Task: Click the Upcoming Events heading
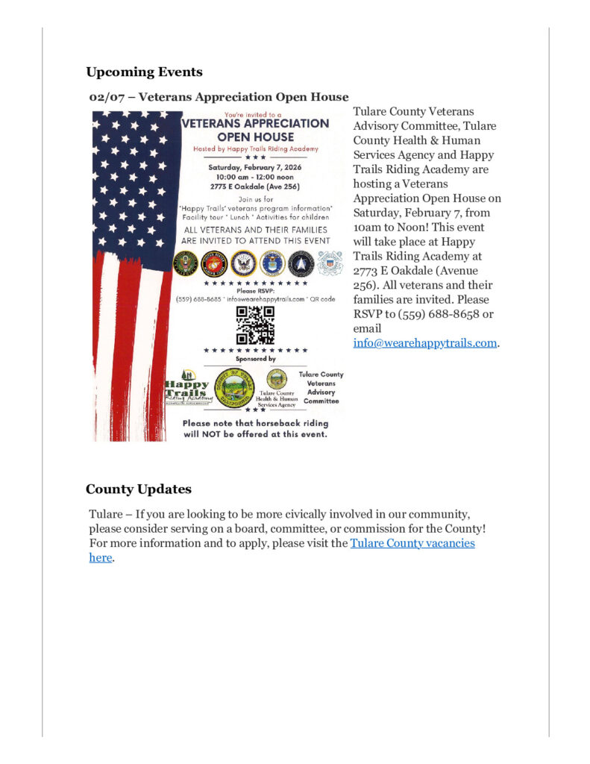coord(144,72)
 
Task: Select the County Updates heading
coord(138,489)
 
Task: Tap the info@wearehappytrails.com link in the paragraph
coord(424,343)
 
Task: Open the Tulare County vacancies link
coord(412,543)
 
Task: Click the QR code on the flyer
coord(255,325)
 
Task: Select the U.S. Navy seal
coord(242,263)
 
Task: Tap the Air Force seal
coord(272,263)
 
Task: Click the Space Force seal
coord(301,263)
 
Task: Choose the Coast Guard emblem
coord(329,263)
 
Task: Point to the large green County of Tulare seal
coord(233,387)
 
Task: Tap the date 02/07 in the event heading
coord(105,97)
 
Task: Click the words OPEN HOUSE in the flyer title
coord(256,137)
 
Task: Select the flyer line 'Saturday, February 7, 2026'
coord(256,168)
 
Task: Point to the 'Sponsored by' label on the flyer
coord(255,359)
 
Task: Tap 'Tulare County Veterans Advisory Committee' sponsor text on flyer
coord(321,387)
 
